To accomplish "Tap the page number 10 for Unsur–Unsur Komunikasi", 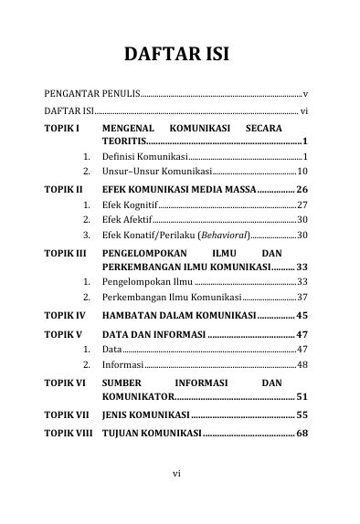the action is (x=302, y=172).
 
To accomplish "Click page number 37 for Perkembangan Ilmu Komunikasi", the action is (x=302, y=298).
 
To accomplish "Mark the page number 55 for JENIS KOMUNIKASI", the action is (x=302, y=414).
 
